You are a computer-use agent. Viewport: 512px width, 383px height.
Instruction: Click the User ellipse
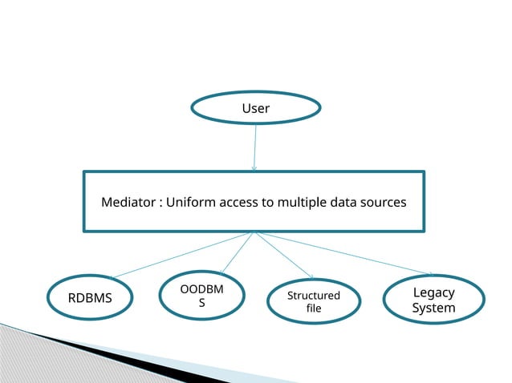click(x=255, y=108)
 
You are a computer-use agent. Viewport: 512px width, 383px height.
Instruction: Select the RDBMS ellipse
click(x=90, y=299)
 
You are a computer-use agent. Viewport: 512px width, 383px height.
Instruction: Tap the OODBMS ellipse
click(x=201, y=296)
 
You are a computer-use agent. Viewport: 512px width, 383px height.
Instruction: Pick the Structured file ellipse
click(x=314, y=301)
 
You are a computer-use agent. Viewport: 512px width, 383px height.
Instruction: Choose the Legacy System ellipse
click(x=433, y=300)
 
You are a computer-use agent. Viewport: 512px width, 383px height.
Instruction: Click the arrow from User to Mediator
click(x=255, y=147)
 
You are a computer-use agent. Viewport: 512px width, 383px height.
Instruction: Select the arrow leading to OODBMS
click(x=237, y=255)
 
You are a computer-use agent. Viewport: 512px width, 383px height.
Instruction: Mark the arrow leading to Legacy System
click(x=345, y=253)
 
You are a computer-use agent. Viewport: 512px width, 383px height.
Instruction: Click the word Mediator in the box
click(x=128, y=202)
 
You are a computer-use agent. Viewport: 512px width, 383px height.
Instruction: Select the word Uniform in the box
click(x=190, y=202)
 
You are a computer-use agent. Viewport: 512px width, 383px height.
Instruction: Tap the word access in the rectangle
click(x=238, y=202)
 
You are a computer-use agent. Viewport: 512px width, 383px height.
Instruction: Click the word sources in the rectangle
click(x=382, y=202)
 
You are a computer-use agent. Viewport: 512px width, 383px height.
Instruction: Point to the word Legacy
click(x=433, y=292)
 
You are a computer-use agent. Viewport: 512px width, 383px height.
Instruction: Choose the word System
click(x=433, y=308)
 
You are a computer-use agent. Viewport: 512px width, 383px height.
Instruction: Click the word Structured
click(x=314, y=296)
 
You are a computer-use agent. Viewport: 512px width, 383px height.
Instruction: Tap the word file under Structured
click(x=314, y=308)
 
